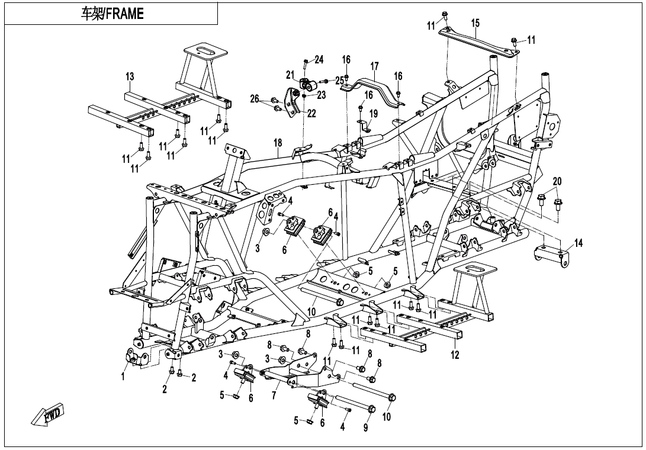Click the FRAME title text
pos(112,14)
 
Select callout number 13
pos(130,76)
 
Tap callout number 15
pos(475,23)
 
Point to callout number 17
pos(374,66)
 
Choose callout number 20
pos(557,181)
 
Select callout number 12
pos(455,355)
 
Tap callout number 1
pos(123,376)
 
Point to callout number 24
pos(319,59)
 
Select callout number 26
pos(255,99)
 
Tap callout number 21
pos(290,75)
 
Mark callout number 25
pos(339,80)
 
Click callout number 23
pos(322,94)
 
